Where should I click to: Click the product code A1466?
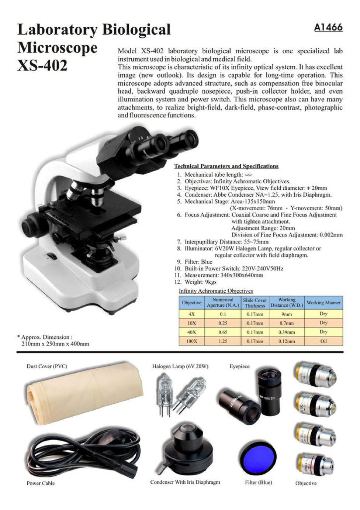328,28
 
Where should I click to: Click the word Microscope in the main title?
57,48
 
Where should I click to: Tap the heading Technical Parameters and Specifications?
226,166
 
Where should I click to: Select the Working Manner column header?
323,303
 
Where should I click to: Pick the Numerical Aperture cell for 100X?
223,341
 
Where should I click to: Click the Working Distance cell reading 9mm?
287,314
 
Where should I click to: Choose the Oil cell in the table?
323,341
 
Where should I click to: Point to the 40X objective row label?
191,332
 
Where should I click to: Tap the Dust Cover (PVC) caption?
47,366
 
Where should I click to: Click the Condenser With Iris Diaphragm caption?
185,482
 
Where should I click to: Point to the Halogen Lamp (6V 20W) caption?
180,366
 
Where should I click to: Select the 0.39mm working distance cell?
287,332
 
